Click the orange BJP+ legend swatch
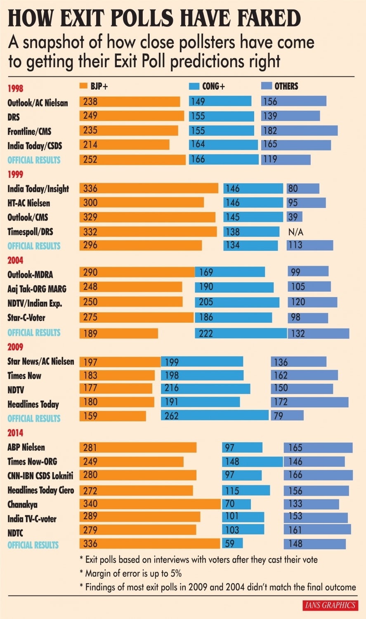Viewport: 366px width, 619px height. (x=83, y=86)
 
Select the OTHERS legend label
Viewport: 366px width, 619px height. (x=286, y=86)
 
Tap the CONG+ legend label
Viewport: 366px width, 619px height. (x=213, y=86)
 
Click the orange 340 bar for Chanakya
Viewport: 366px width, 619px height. (x=150, y=504)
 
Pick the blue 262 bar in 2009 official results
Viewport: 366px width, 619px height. (x=215, y=415)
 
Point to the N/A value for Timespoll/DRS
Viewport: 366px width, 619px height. (x=295, y=232)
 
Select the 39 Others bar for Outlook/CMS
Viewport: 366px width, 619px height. (x=294, y=217)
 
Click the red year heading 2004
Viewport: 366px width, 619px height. (x=15, y=260)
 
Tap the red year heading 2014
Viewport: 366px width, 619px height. (x=15, y=433)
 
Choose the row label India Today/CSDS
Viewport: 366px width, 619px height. (x=35, y=146)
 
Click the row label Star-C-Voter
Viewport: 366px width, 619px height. (x=26, y=318)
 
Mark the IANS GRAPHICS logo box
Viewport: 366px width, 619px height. (x=330, y=605)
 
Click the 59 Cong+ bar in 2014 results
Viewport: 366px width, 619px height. (x=232, y=543)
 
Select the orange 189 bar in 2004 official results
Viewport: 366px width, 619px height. (x=118, y=333)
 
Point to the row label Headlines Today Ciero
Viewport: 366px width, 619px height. (x=40, y=490)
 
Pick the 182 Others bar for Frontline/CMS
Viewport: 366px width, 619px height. (x=299, y=130)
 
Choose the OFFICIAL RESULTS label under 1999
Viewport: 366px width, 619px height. (x=34, y=246)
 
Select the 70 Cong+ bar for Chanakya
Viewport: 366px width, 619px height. (x=236, y=504)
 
